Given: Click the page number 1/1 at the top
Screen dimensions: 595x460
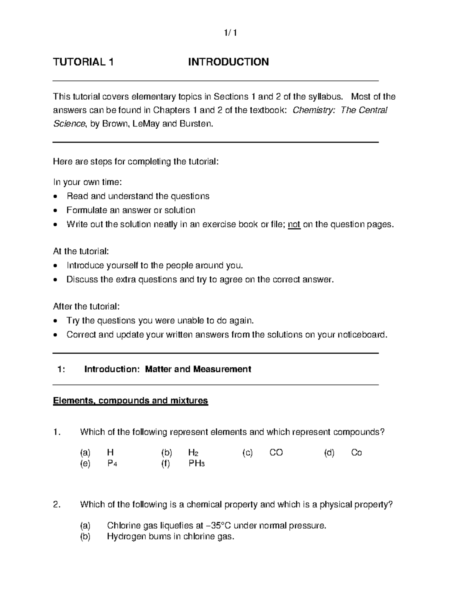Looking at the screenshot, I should click(230, 33).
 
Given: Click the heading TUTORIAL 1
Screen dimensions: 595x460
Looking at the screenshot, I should click(83, 62).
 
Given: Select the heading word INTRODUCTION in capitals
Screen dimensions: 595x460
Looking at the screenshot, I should click(228, 62).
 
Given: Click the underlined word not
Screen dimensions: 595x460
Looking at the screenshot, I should click(294, 225).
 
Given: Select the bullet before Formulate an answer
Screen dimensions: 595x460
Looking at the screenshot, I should click(56, 211).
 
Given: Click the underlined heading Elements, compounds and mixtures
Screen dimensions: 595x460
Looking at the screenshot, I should click(130, 401).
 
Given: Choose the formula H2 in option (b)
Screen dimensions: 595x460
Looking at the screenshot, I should click(193, 453).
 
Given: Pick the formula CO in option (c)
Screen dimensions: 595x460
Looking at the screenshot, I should click(276, 453).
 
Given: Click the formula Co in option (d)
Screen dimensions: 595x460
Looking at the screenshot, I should click(356, 453).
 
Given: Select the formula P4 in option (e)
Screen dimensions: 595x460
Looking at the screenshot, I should click(112, 464).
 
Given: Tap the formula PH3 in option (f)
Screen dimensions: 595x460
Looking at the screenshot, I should click(197, 464).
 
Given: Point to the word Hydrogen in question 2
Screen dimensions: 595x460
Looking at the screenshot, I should click(125, 537).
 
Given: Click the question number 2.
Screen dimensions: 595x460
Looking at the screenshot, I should click(57, 505).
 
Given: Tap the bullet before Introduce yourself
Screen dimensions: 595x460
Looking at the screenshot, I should click(56, 266).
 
